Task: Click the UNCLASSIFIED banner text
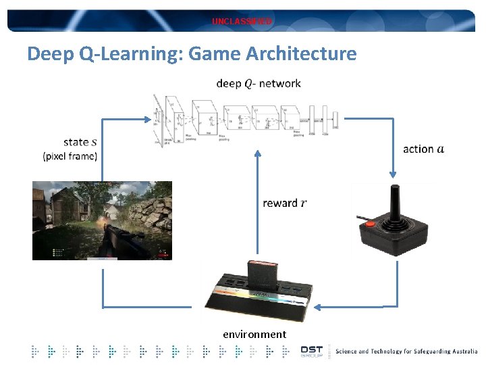coord(242,22)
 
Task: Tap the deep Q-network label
coord(259,84)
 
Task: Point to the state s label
coord(80,142)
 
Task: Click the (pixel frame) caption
coord(70,156)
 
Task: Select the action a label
coord(423,149)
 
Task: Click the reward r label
coord(285,203)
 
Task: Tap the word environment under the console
coord(254,334)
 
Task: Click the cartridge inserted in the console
coord(259,276)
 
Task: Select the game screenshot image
coord(102,220)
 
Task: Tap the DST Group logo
coord(313,351)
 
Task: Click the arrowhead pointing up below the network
coord(256,153)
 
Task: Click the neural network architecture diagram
coord(246,116)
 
